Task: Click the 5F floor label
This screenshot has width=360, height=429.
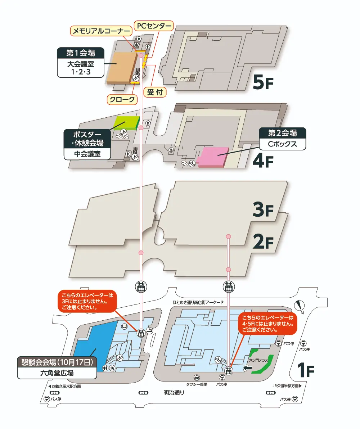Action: pyautogui.click(x=263, y=82)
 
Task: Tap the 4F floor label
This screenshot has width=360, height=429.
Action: pyautogui.click(x=263, y=161)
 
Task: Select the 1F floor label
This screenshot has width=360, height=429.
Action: pyautogui.click(x=306, y=370)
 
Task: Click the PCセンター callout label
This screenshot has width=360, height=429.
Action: pyautogui.click(x=154, y=26)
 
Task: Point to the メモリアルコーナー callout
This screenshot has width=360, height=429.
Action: pyautogui.click(x=101, y=31)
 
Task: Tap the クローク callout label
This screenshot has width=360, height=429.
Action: pyautogui.click(x=122, y=99)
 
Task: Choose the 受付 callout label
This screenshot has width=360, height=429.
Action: pyautogui.click(x=155, y=92)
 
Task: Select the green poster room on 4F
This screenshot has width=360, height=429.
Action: pyautogui.click(x=126, y=123)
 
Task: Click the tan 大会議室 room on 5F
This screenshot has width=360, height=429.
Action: pyautogui.click(x=122, y=68)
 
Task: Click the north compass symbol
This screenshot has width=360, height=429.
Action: pyautogui.click(x=300, y=306)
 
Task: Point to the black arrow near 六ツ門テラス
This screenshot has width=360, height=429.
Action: pyautogui.click(x=247, y=368)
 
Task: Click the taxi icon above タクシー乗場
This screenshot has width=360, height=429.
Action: pyautogui.click(x=197, y=378)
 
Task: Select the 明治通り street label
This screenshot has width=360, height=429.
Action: pyautogui.click(x=174, y=393)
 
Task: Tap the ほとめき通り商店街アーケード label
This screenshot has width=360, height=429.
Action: pyautogui.click(x=198, y=302)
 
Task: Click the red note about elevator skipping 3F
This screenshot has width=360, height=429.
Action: pyautogui.click(x=87, y=301)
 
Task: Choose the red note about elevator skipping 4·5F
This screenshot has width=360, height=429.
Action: pyautogui.click(x=267, y=324)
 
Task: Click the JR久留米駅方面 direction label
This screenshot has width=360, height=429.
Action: pyautogui.click(x=287, y=386)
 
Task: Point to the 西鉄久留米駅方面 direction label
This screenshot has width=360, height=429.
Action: pyautogui.click(x=64, y=386)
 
